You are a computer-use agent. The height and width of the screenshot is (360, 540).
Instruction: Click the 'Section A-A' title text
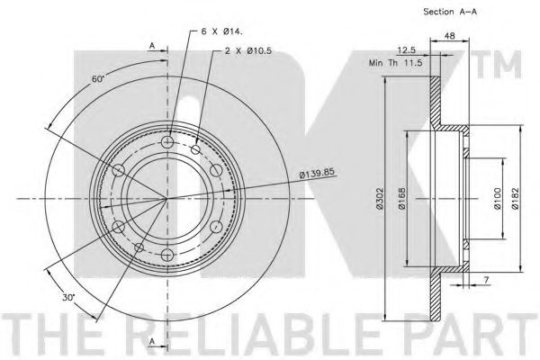pyautogui.click(x=450, y=12)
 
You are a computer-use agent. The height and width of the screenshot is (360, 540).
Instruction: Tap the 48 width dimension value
pyautogui.click(x=450, y=35)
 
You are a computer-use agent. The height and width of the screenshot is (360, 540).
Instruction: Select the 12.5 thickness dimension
pyautogui.click(x=407, y=50)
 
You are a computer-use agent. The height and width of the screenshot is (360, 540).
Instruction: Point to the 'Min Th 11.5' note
pyautogui.click(x=396, y=63)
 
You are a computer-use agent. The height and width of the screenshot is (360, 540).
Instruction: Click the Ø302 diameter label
pyautogui.click(x=380, y=199)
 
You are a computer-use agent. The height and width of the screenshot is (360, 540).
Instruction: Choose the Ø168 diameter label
pyautogui.click(x=402, y=199)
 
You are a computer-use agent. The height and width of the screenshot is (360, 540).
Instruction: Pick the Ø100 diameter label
pyautogui.click(x=497, y=199)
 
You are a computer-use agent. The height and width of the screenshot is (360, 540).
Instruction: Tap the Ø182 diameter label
pyautogui.click(x=515, y=199)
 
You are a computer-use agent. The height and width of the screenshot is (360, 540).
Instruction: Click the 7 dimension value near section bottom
pyautogui.click(x=486, y=281)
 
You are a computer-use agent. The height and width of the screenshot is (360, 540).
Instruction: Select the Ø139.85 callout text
pyautogui.click(x=317, y=173)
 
